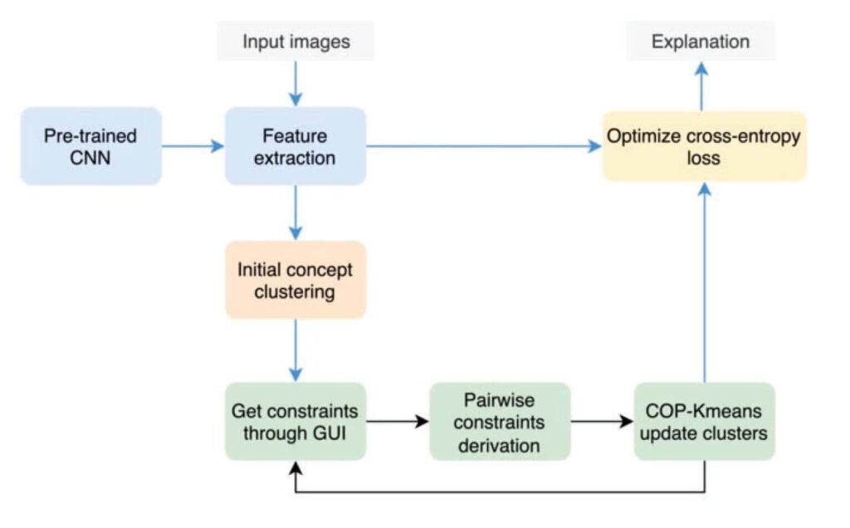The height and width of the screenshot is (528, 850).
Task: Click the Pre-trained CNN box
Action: [90, 146]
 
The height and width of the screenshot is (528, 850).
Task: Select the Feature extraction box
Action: [295, 146]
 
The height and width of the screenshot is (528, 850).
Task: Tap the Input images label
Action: [296, 42]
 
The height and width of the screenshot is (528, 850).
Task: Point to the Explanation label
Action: [701, 42]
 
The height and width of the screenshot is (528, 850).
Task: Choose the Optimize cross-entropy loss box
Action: [704, 146]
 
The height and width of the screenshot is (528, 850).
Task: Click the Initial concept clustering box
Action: [295, 281]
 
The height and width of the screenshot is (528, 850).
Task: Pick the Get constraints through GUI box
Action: [295, 422]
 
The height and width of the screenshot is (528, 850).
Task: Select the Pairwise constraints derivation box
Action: [500, 422]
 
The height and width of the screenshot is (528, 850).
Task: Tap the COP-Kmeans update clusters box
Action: [704, 422]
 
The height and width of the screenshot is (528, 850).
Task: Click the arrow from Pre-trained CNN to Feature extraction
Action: [193, 146]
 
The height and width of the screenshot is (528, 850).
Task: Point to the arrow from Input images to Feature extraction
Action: [296, 83]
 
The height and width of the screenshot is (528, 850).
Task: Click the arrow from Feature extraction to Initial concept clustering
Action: [296, 213]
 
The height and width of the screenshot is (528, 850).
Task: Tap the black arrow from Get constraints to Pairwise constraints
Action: [398, 422]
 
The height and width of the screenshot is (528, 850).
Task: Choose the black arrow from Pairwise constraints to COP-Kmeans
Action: [602, 422]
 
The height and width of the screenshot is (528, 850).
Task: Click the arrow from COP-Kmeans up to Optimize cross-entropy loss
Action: [704, 282]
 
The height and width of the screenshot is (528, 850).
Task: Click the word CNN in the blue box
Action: [90, 157]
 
